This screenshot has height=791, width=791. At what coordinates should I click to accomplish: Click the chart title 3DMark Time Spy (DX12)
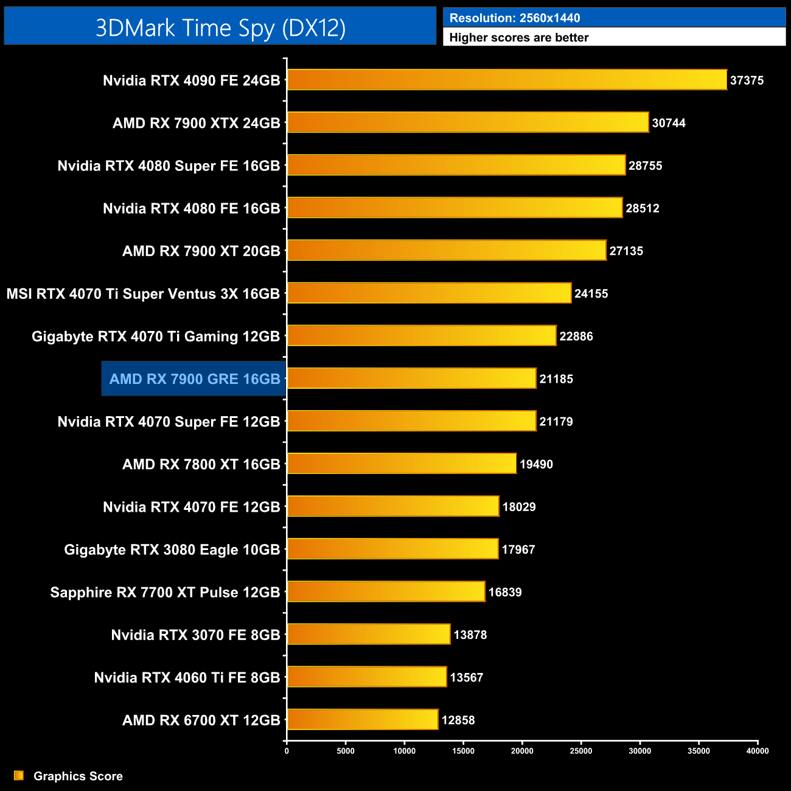point(220,28)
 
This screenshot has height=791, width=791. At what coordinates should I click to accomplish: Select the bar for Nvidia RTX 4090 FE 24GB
point(507,80)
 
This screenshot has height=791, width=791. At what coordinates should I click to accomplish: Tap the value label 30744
point(669,123)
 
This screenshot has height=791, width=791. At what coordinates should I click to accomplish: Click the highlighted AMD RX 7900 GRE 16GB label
point(194,379)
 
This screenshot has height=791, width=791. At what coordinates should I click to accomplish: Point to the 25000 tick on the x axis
point(580,751)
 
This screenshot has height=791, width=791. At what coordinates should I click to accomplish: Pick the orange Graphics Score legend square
point(19,775)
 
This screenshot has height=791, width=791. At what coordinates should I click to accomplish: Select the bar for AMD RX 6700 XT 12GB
point(363,720)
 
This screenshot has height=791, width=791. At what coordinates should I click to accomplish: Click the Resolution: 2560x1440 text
point(515,18)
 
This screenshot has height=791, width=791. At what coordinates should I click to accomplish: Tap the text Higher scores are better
point(519,38)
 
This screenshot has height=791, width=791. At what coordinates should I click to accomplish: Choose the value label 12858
point(458,720)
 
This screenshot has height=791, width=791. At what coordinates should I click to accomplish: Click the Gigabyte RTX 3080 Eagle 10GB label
point(172,549)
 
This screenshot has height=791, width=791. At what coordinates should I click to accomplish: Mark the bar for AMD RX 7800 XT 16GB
point(402,464)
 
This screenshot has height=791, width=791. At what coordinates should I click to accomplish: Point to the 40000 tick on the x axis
point(757,751)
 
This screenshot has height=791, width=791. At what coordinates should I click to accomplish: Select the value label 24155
point(591,293)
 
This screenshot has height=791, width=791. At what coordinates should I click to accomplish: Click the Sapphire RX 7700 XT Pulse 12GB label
point(165,592)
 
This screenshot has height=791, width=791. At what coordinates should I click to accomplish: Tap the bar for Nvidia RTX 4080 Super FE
point(456,165)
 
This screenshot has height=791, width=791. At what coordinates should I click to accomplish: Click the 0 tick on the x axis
point(287,751)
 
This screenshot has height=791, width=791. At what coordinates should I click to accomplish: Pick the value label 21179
point(556,421)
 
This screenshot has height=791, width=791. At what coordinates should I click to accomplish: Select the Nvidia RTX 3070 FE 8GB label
point(195,635)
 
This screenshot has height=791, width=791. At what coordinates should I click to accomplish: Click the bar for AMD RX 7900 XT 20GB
point(447,250)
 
